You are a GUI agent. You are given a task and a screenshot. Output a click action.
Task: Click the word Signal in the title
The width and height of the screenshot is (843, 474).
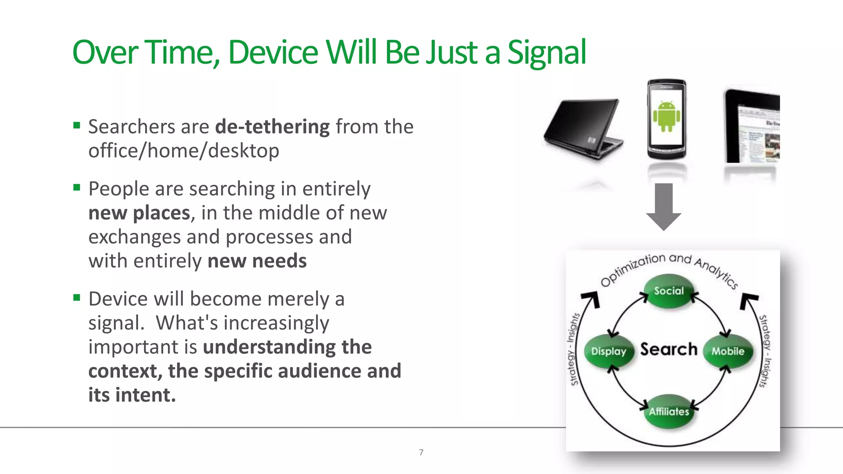coord(546,53)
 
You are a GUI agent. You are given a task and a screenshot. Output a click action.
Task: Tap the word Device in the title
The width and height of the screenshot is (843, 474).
coord(273,53)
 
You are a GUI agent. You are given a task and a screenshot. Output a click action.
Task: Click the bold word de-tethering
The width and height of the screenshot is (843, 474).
coord(272,126)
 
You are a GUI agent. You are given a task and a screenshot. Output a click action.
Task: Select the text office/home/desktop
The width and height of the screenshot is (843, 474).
coord(184,151)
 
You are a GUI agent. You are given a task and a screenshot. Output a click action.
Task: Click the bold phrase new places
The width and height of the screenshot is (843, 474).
coord(139,213)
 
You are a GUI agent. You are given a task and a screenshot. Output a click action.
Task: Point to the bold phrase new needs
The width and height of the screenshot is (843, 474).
coord(257,261)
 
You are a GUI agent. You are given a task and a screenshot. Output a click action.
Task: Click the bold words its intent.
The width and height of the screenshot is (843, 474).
coord(132,395)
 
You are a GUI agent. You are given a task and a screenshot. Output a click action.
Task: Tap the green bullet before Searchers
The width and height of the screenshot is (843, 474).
coord(77,125)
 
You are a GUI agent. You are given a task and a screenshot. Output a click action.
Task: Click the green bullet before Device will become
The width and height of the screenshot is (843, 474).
coord(77,297)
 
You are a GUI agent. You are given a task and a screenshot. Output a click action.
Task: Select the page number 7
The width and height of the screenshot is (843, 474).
coord(421,452)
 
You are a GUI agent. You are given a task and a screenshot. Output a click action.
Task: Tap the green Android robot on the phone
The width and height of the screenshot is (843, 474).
coord(666,116)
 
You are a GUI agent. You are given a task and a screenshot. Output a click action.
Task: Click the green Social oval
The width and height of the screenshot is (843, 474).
coord(668,291)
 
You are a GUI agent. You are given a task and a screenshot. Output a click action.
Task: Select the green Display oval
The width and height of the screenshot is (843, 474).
coord(608,351)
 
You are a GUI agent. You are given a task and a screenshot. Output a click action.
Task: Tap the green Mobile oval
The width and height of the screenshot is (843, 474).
coord(728,351)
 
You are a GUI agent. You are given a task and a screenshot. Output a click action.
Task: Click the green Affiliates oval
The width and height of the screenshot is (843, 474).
coord(669,411)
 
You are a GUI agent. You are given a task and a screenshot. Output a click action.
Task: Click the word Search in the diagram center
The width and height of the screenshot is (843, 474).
coord(668,349)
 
